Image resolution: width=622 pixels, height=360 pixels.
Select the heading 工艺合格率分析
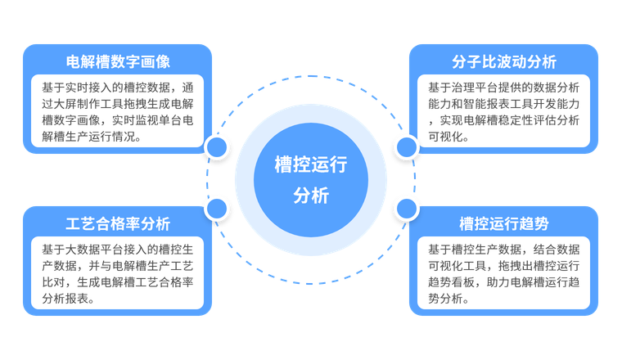point(118,223)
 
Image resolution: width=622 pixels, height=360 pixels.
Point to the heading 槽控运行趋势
point(503,223)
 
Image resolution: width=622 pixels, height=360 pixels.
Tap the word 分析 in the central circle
point(311,196)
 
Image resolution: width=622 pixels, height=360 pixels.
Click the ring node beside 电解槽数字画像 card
point(217,147)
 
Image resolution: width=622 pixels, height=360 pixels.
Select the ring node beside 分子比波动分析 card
point(406,147)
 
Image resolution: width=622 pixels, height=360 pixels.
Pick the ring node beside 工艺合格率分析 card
point(217,209)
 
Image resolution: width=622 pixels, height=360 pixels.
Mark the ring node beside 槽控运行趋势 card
point(406,209)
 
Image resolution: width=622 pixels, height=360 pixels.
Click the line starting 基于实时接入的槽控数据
point(118,87)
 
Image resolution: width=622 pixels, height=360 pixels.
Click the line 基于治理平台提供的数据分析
point(503,87)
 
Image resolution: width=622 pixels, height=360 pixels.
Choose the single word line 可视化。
point(448,137)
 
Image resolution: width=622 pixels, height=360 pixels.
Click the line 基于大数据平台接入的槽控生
point(118,249)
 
